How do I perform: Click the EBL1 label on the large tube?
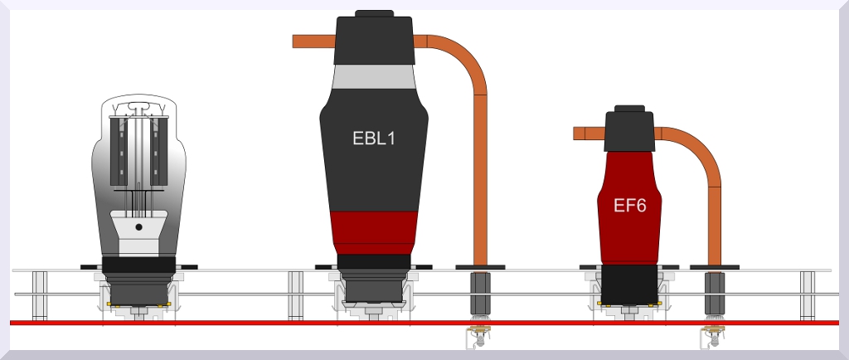[x=374, y=139]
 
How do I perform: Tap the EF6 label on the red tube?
[x=630, y=205]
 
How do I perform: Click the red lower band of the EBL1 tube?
[x=374, y=229]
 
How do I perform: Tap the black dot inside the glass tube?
[x=139, y=226]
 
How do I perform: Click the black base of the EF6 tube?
[x=630, y=284]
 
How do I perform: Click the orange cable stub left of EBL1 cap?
[x=313, y=41]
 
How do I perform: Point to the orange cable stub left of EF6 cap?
[x=589, y=133]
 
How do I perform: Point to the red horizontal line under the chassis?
[x=249, y=322]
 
